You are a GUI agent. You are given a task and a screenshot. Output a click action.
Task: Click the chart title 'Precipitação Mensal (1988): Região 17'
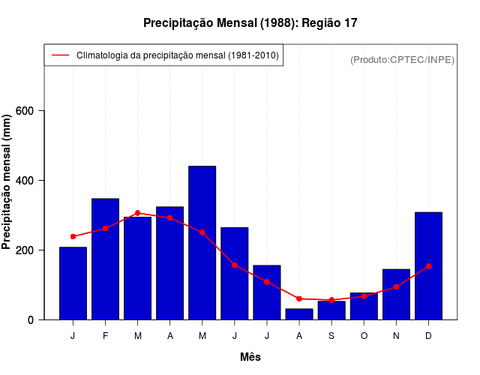(250, 23)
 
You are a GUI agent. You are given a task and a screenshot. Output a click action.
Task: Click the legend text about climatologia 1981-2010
(178, 55)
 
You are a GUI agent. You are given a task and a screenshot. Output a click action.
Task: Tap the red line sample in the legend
(59, 55)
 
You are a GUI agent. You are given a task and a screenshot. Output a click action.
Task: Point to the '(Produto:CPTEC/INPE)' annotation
(402, 59)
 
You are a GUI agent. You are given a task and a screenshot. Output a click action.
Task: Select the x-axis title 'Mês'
(250, 357)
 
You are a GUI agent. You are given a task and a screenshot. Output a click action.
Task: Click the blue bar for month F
(105, 259)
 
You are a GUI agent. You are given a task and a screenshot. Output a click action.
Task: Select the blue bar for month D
(428, 265)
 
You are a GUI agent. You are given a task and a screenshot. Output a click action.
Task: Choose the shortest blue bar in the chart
(299, 314)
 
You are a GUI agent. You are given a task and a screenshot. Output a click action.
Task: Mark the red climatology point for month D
(428, 266)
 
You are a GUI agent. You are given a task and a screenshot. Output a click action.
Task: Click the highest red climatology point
(137, 213)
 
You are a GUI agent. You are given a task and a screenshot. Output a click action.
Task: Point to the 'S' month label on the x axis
(331, 336)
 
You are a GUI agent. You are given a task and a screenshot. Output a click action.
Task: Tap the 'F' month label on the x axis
(105, 336)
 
